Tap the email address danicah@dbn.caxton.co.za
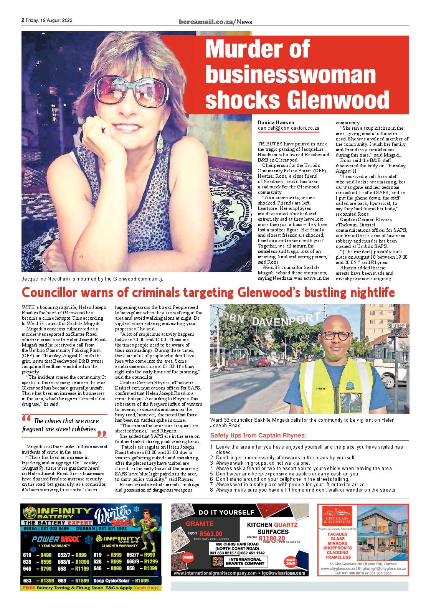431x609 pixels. coord(288,128)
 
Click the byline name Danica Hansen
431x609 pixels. coord(276,122)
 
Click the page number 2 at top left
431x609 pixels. coord(23,21)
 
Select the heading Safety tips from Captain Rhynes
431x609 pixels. coord(258,436)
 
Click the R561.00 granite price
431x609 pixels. coord(210,533)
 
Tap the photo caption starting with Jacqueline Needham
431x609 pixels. coord(92,279)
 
